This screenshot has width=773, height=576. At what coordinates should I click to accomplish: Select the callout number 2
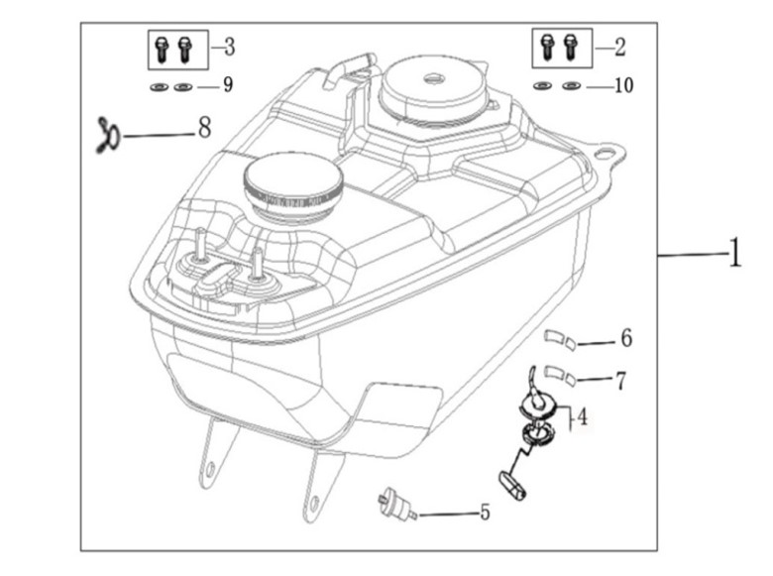tap(620, 46)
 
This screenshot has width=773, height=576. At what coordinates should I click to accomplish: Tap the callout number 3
tap(229, 46)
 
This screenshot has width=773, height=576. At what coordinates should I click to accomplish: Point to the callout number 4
tap(583, 417)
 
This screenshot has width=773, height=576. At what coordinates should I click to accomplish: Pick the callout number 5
tap(485, 514)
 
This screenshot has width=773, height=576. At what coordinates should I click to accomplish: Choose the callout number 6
tap(625, 339)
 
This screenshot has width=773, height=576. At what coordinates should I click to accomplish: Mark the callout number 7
tap(620, 380)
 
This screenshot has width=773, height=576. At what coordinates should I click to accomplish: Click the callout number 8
tap(204, 127)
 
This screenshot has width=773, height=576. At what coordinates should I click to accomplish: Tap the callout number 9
tap(228, 85)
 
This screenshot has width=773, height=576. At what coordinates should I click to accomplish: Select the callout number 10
tap(622, 86)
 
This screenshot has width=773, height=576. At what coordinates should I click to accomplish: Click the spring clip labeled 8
tap(108, 130)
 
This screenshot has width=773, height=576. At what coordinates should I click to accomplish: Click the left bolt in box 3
tap(163, 46)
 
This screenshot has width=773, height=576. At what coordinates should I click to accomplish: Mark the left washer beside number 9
tap(160, 87)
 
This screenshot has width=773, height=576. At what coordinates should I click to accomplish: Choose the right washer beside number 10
tap(569, 87)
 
